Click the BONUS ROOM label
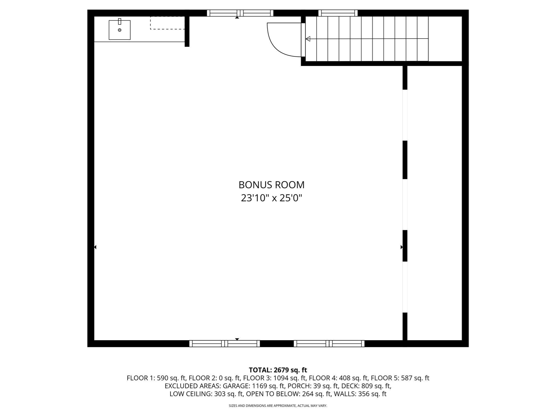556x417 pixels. (x=271, y=185)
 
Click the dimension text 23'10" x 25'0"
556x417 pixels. (x=271, y=198)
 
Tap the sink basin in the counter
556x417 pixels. (x=119, y=30)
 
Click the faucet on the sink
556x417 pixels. (x=119, y=21)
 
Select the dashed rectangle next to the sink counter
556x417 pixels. (x=167, y=23)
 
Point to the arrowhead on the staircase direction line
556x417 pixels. (x=308, y=39)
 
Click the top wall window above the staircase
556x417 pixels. (x=338, y=13)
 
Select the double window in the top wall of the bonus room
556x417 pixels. (x=240, y=13)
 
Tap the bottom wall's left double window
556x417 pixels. (x=225, y=343)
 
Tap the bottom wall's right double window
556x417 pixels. (x=329, y=343)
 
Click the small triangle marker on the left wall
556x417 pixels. (x=95, y=247)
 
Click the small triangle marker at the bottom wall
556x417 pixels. (x=237, y=339)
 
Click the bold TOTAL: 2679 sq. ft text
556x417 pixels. (x=278, y=370)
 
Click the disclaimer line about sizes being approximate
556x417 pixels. (x=278, y=406)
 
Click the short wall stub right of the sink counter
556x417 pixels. (x=187, y=31)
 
